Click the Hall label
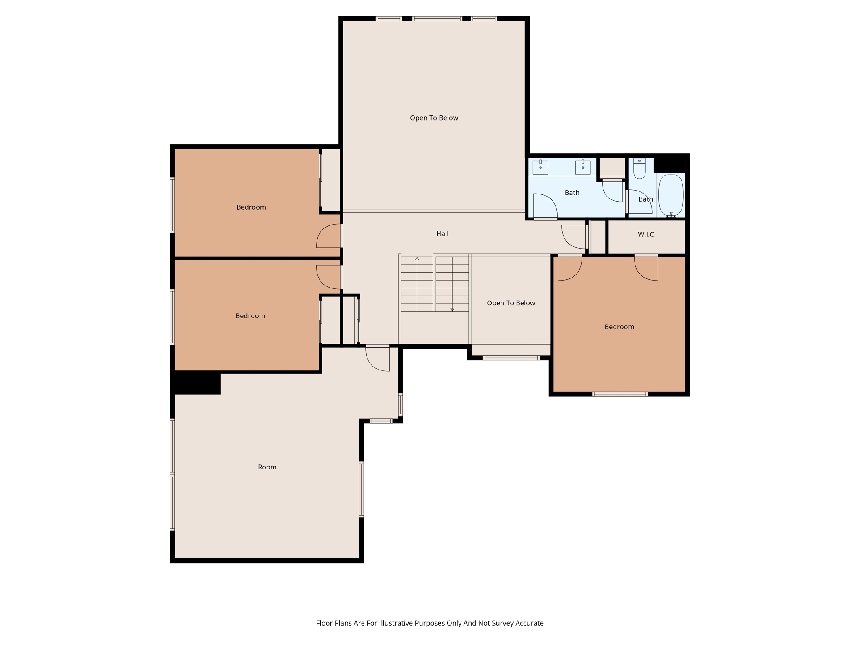(442, 234)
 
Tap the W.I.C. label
(646, 234)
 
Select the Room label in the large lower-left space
(267, 467)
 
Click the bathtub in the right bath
(671, 195)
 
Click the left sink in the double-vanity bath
(540, 167)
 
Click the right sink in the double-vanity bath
(583, 167)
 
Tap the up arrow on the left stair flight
(417, 259)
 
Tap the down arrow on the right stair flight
(452, 309)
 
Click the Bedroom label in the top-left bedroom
(251, 207)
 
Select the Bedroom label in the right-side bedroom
(619, 327)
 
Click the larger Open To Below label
(434, 118)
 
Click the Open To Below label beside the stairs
(511, 303)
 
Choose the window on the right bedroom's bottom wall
(620, 394)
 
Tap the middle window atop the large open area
(437, 18)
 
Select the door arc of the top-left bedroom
(328, 236)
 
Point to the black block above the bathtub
(670, 164)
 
